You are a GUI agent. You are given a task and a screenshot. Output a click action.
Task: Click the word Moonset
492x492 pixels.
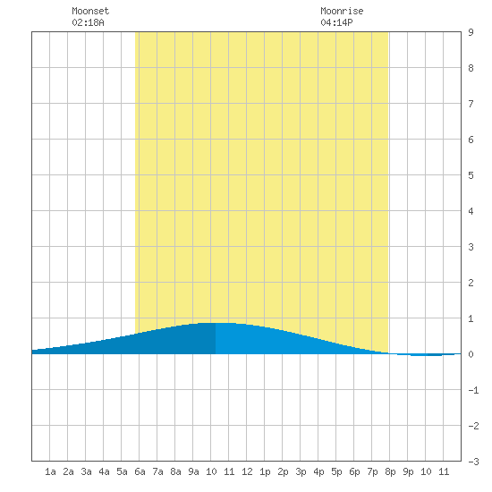coord(90,11)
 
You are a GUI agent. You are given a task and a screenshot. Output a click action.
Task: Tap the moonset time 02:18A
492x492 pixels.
coord(88,22)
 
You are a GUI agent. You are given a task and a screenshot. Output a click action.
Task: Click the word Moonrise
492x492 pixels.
coord(342,11)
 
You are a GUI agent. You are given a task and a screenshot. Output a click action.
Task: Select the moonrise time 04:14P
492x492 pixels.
coord(336,22)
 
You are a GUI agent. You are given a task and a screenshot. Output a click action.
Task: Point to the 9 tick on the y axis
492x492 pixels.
coord(471,32)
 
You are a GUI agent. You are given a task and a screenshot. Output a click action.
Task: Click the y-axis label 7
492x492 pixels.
coord(471,104)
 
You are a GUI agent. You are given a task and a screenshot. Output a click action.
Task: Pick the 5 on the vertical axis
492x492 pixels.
coord(471,175)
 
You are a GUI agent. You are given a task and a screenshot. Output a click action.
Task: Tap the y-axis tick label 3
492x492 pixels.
coord(471,247)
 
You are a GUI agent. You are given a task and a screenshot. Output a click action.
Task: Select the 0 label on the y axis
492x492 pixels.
coord(471,354)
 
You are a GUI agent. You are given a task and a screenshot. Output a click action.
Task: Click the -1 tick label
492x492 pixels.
coord(473,390)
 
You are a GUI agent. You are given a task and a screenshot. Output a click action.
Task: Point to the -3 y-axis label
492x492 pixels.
coord(473,462)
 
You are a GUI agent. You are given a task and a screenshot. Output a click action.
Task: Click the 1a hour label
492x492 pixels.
coord(50,471)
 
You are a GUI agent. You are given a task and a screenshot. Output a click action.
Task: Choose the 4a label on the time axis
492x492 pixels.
coord(104,471)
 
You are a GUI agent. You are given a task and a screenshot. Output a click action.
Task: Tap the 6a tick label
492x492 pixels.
coord(140,471)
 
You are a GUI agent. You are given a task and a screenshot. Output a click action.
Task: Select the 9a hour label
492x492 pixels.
coord(193,471)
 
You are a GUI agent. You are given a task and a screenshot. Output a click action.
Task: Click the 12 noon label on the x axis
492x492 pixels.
coord(247,471)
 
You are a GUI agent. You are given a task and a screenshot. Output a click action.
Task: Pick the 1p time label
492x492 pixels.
coord(265,471)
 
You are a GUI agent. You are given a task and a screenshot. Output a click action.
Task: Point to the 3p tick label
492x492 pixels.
coord(301,471)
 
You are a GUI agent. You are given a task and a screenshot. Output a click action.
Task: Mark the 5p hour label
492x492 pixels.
coord(336,471)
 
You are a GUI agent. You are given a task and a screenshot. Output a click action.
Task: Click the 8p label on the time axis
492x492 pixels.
coord(390,471)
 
